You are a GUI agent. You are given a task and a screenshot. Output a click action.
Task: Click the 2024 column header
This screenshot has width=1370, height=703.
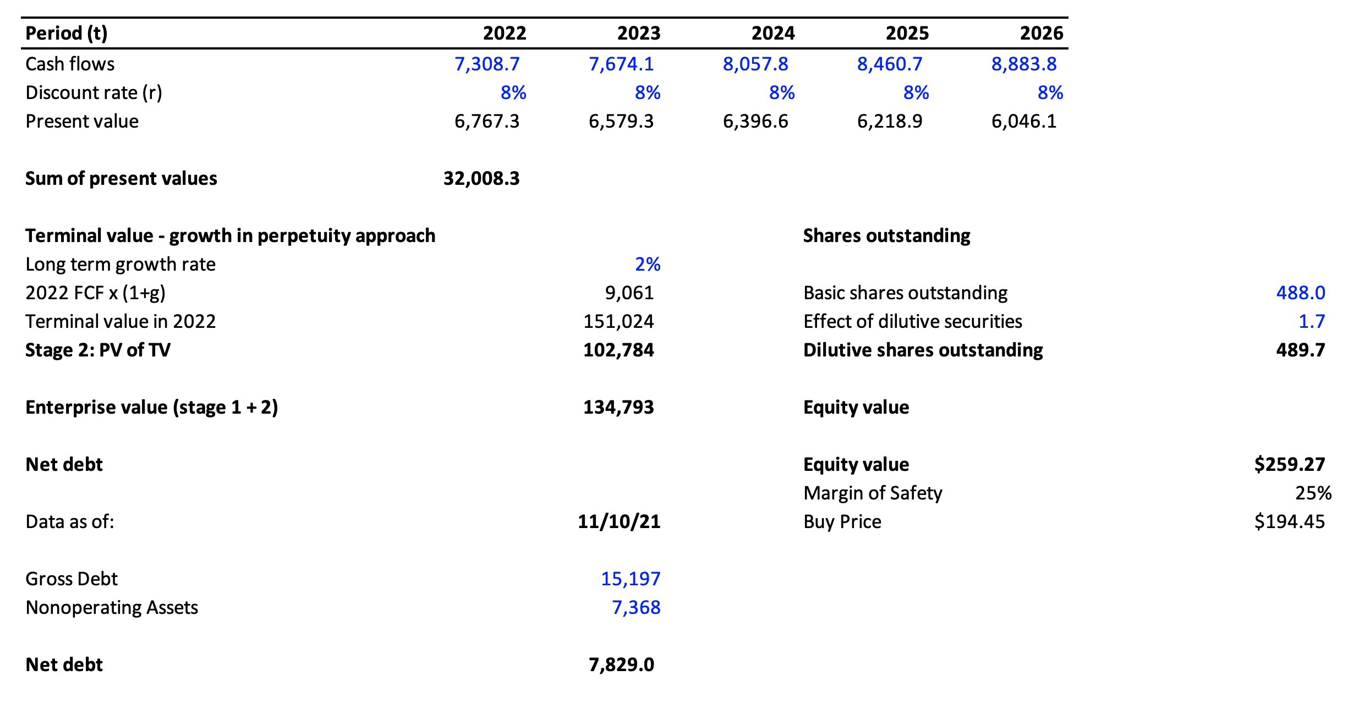(772, 34)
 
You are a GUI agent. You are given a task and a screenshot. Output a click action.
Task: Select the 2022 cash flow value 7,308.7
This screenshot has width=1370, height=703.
(487, 64)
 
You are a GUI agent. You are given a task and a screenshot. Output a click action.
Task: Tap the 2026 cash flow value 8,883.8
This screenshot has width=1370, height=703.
(1023, 64)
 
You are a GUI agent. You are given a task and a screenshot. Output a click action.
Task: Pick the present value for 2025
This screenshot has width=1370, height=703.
(889, 122)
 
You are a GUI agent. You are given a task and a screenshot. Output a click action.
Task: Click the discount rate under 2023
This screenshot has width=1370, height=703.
(647, 93)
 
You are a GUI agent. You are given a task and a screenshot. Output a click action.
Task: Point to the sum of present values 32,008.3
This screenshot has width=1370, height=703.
(481, 179)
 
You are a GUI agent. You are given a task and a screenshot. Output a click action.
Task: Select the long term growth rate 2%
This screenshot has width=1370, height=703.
(647, 265)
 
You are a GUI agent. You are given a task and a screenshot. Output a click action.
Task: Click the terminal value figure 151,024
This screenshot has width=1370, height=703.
(618, 322)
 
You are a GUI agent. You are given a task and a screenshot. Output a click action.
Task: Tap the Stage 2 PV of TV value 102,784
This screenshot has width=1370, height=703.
(618, 350)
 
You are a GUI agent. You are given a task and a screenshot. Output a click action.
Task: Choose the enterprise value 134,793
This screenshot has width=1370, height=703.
(618, 408)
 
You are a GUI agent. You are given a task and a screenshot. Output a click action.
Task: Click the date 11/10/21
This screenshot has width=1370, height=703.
(618, 522)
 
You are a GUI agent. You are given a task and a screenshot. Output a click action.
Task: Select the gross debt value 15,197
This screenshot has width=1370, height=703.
(630, 579)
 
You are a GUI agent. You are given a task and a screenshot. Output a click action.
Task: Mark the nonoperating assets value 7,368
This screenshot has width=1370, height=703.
(635, 608)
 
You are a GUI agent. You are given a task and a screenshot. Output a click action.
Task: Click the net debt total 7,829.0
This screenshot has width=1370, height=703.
(621, 665)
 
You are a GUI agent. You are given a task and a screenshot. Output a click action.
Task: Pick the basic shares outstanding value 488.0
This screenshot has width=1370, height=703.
(1300, 293)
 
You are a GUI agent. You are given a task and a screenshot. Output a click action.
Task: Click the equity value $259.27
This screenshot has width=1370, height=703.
(1289, 465)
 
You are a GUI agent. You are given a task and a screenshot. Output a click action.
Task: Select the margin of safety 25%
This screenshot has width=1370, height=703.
(1313, 493)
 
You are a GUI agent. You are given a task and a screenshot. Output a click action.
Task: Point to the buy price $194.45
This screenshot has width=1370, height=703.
(1289, 522)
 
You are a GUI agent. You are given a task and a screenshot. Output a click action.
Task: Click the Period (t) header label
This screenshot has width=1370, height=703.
(66, 34)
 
